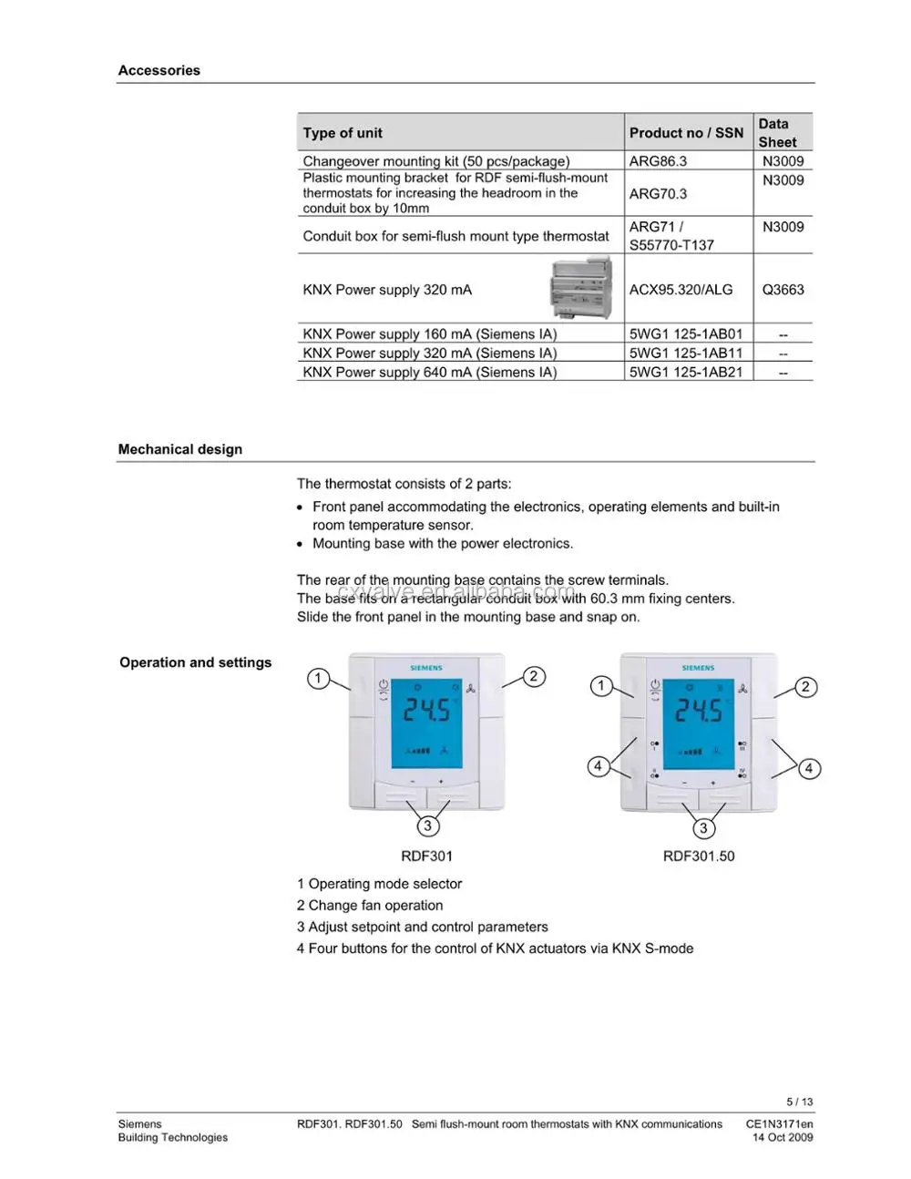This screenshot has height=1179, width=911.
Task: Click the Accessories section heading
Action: [159, 70]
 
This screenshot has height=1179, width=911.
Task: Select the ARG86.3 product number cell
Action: [658, 161]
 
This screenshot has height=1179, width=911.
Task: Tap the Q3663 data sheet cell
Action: [783, 290]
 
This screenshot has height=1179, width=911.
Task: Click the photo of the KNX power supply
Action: [581, 288]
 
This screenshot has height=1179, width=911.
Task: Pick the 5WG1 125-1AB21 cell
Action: [685, 372]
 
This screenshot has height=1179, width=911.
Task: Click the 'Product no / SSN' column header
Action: [686, 133]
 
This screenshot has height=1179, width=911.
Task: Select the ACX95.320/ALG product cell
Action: [681, 290]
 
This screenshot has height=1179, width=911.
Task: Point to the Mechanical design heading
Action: [179, 449]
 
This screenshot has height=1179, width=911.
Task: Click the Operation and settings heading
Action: [195, 662]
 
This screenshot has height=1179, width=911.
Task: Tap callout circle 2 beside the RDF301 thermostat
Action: [534, 676]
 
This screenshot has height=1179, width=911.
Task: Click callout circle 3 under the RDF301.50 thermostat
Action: [702, 828]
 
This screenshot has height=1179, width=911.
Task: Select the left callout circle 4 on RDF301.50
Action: [598, 766]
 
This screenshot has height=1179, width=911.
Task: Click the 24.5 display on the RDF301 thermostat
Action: [426, 711]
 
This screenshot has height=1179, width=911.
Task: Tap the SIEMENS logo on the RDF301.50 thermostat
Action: [699, 668]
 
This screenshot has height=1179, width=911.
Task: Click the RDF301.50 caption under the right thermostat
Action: [698, 856]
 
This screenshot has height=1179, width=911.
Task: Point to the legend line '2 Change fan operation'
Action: [370, 906]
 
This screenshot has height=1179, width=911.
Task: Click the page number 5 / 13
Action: [799, 1102]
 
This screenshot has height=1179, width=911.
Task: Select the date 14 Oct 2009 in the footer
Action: [782, 1137]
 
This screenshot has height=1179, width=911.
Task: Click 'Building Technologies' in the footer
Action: [172, 1137]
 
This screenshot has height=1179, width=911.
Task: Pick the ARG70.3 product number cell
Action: [658, 193]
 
